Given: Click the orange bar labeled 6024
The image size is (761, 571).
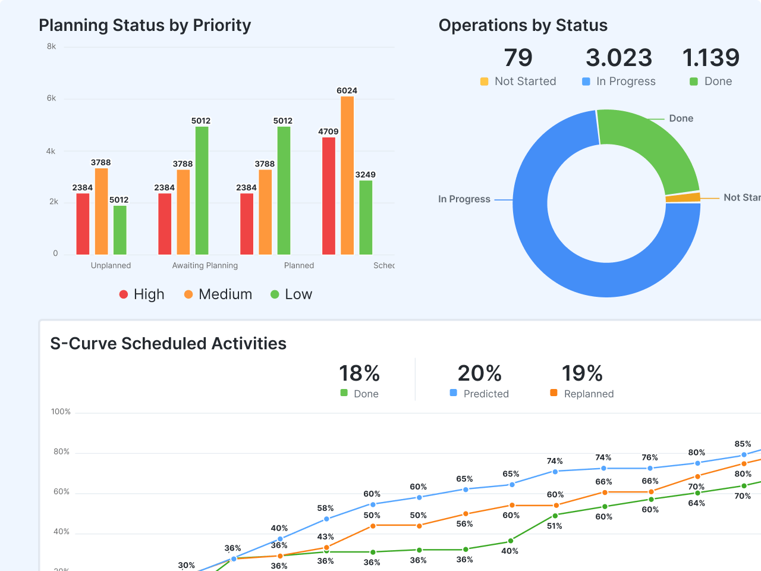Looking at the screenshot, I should tap(347, 175).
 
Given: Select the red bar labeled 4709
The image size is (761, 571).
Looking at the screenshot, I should tap(329, 196).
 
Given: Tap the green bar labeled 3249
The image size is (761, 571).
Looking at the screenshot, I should tap(366, 218).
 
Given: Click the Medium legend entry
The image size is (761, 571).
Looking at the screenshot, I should tap(218, 294).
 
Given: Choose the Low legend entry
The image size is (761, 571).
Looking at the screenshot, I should tap(291, 294).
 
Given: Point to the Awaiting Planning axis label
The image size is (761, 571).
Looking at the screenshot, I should tap(205, 265).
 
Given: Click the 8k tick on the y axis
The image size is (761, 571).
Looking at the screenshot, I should tap(52, 46).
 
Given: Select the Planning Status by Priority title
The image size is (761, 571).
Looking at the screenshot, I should tap(144, 26).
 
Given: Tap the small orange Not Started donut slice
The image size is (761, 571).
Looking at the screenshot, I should tap(683, 197).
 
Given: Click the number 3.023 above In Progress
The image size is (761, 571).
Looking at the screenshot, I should tap(619, 58).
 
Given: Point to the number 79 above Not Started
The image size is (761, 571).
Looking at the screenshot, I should tap(518, 58).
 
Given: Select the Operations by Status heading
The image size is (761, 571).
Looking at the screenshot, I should tap(523, 26).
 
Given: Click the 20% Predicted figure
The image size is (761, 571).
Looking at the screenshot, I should tap(479, 374).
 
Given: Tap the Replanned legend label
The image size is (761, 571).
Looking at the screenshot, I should tap(589, 394).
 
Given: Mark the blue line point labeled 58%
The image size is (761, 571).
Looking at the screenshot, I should tap(326, 519).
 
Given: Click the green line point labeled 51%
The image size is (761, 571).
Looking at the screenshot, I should tap(555, 516).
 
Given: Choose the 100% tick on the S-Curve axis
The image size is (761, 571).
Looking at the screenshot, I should tap(61, 412).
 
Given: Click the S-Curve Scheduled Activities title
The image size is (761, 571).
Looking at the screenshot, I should tap(168, 344).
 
